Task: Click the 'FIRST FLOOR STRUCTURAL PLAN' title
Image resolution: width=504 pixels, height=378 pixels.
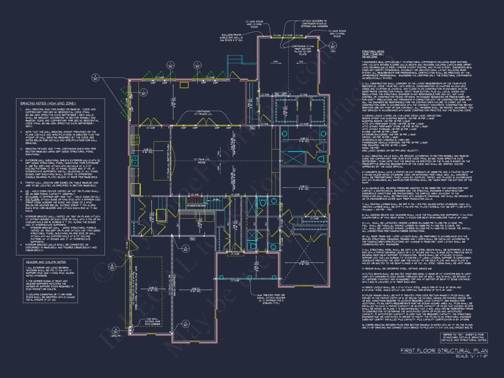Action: [444, 351]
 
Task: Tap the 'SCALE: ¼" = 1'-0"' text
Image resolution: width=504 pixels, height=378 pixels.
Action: [471, 356]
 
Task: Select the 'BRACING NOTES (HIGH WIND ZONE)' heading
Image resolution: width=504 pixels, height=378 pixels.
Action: [48, 103]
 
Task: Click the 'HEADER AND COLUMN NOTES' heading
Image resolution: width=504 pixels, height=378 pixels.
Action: [46, 262]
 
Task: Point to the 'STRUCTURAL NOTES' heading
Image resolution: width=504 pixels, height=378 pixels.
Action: [373, 51]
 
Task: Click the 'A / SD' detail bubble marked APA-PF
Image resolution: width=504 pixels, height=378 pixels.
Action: [116, 331]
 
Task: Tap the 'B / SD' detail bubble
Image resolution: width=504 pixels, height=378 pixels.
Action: [112, 267]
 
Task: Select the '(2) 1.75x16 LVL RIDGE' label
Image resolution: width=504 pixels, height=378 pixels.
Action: [202, 161]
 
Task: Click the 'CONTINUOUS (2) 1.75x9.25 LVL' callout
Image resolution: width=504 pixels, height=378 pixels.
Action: [203, 113]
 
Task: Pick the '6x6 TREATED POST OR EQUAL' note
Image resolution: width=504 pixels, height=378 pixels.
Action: [271, 299]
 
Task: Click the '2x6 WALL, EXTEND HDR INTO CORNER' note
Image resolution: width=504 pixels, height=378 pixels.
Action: [152, 322]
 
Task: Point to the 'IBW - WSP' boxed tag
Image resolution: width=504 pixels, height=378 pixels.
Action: [280, 94]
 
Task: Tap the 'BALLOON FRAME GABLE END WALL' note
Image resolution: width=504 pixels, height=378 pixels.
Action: [231, 38]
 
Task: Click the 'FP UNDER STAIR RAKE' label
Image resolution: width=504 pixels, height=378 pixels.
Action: [196, 206]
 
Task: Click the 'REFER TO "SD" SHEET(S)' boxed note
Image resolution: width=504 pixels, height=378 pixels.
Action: [464, 337]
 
